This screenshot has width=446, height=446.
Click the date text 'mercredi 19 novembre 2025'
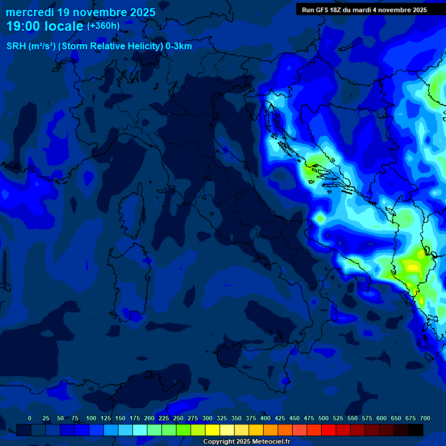pos(81,12)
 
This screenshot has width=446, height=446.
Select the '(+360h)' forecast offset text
pos(103,26)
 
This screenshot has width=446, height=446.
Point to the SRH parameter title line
pos(99,46)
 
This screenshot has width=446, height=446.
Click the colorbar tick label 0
pos(30,418)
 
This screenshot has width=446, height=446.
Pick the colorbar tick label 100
pos(91,418)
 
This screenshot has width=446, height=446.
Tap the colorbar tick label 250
pos(178,418)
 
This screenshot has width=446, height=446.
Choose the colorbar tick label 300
pos(207,418)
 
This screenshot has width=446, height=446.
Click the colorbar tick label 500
pos(323,418)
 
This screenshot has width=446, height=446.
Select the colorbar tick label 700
pos(425,418)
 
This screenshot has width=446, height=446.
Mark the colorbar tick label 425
pos(280,418)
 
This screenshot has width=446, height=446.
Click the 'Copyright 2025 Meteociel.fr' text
pos(246,442)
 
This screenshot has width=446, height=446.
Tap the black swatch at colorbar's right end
pos(416,430)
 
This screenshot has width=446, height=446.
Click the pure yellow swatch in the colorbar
pos(213,430)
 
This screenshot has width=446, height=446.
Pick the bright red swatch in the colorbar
pos(329,430)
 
